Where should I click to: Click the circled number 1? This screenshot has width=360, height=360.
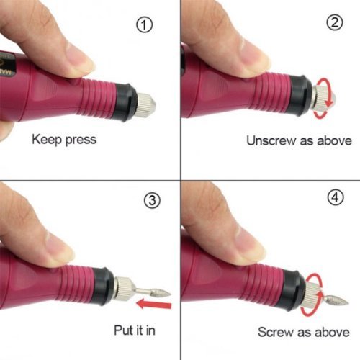tap(145, 25)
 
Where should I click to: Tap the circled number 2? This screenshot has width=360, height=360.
tap(335, 22)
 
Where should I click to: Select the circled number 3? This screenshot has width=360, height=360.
tap(152, 200)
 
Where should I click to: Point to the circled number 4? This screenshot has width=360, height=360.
tap(336, 197)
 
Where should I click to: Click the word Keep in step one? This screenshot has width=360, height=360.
tap(47, 140)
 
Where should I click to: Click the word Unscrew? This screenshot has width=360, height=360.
tap(271, 140)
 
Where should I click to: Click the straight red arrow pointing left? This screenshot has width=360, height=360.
tap(154, 305)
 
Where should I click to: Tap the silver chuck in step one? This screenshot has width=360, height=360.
tap(146, 105)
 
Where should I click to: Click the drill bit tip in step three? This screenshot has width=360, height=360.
tap(170, 292)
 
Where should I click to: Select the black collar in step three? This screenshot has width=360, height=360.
tap(103, 286)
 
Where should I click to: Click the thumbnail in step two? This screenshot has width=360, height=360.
tap(253, 58)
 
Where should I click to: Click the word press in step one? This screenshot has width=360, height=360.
tap(81, 140)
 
